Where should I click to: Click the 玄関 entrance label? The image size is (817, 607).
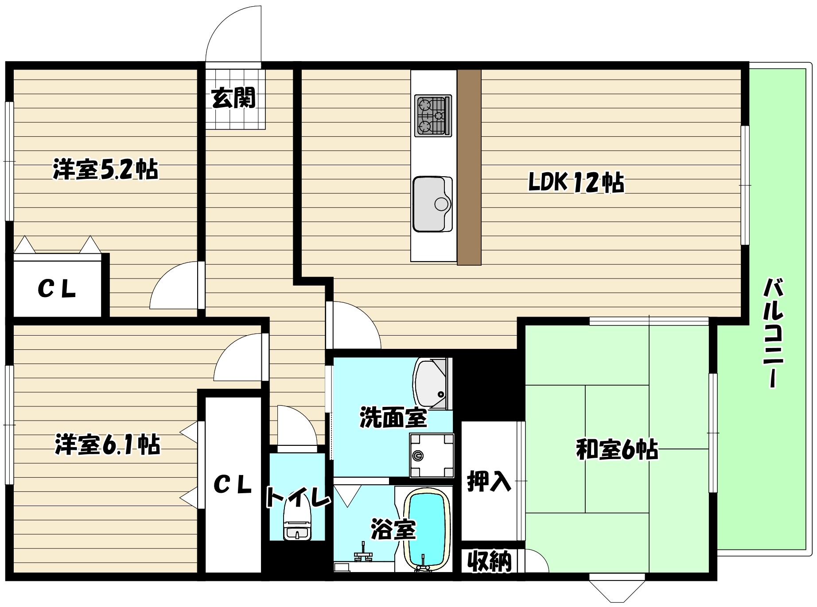(233, 98)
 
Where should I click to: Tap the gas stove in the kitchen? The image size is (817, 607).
(433, 116)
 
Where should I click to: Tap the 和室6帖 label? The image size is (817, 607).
(617, 450)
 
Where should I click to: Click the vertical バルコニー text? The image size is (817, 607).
(773, 332)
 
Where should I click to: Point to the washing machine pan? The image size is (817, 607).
(432, 455)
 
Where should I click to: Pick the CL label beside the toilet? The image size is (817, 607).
(233, 485)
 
